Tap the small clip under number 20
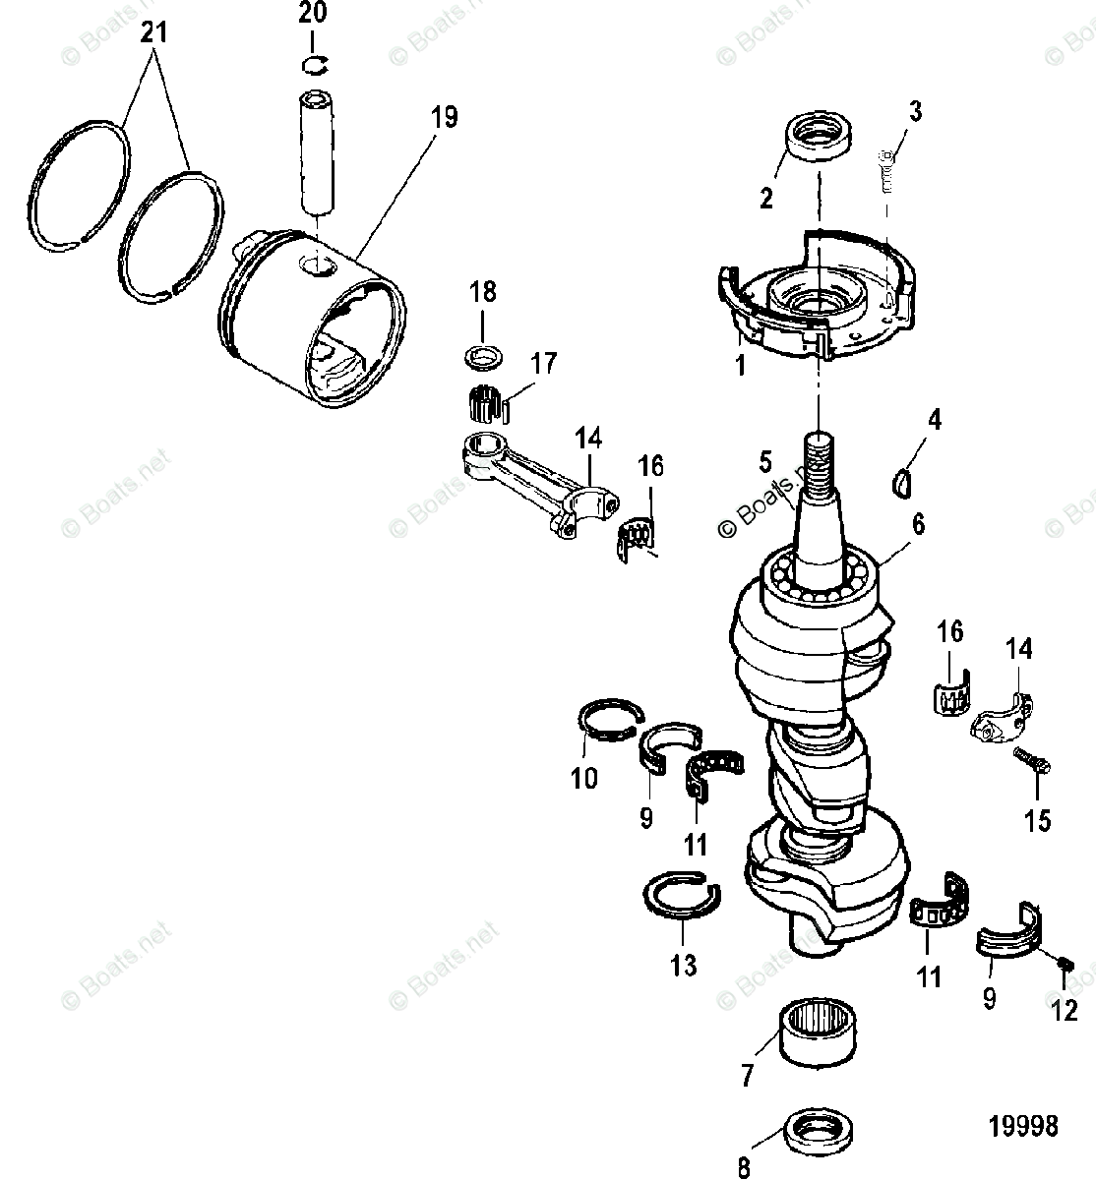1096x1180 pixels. click(x=313, y=65)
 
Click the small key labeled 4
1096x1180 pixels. click(x=902, y=481)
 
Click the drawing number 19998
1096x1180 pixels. click(x=1023, y=1125)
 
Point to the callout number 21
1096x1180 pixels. click(x=153, y=34)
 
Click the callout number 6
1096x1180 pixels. click(x=917, y=524)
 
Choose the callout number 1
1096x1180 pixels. click(x=740, y=367)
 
